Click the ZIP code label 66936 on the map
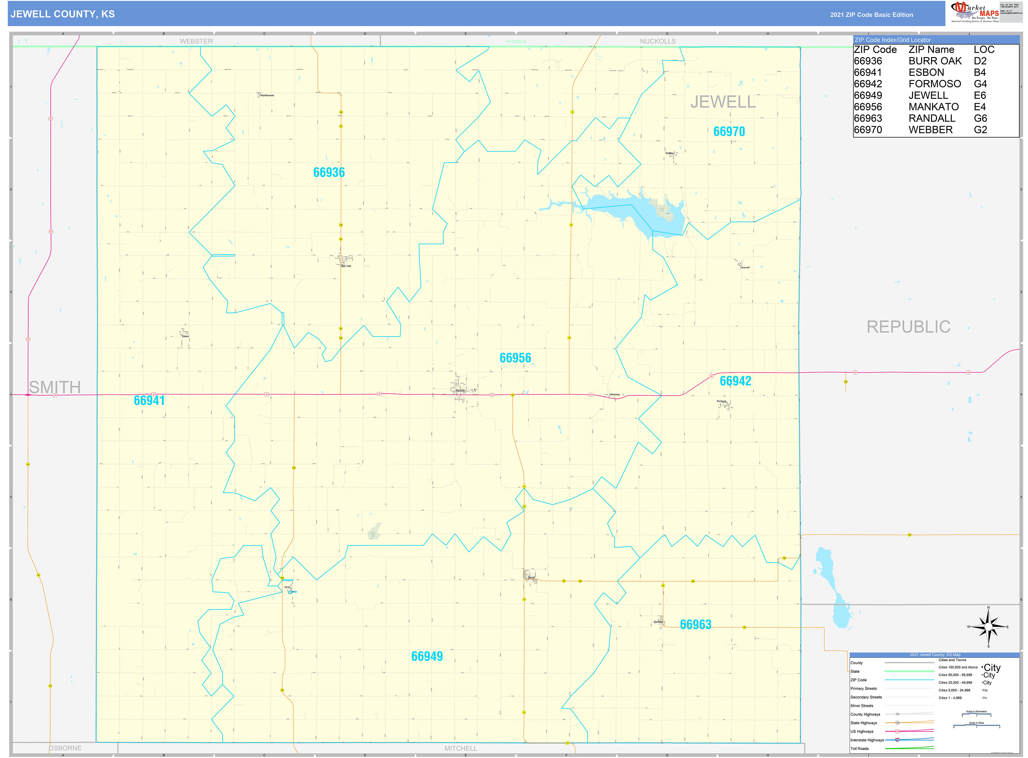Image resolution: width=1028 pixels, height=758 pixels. click(329, 173)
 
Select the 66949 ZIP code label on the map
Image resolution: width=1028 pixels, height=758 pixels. click(426, 656)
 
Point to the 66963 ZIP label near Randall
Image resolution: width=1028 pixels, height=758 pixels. click(695, 624)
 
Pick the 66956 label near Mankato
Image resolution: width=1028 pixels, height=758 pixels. click(515, 358)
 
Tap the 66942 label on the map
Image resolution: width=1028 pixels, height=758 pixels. click(735, 381)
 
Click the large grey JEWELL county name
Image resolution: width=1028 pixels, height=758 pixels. click(723, 102)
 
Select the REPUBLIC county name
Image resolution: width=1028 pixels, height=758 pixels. click(908, 327)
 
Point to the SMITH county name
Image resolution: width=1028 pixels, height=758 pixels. click(54, 387)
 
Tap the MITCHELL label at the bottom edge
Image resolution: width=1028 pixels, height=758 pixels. click(460, 748)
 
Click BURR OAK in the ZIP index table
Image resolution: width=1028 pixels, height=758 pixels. click(934, 61)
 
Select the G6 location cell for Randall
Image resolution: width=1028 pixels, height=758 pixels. click(980, 118)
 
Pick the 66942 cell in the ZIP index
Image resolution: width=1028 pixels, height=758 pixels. click(867, 84)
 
